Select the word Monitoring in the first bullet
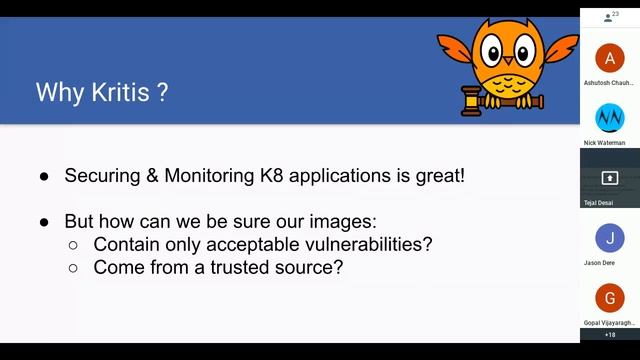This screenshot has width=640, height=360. pos(202,175)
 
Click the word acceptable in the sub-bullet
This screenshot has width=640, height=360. pos(263,243)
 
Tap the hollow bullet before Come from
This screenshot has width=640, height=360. pos(74,268)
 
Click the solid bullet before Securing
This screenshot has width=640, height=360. pos(45,176)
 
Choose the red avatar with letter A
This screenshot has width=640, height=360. pos(609,57)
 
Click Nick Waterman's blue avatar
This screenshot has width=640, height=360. pos(609,118)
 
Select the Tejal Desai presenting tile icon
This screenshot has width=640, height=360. pos(609,178)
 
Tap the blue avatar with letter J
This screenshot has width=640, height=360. pos(609,238)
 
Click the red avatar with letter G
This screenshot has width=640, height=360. pos(609,298)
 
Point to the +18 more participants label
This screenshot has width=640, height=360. pos(610,334)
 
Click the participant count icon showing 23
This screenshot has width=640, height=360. pos(609,17)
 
